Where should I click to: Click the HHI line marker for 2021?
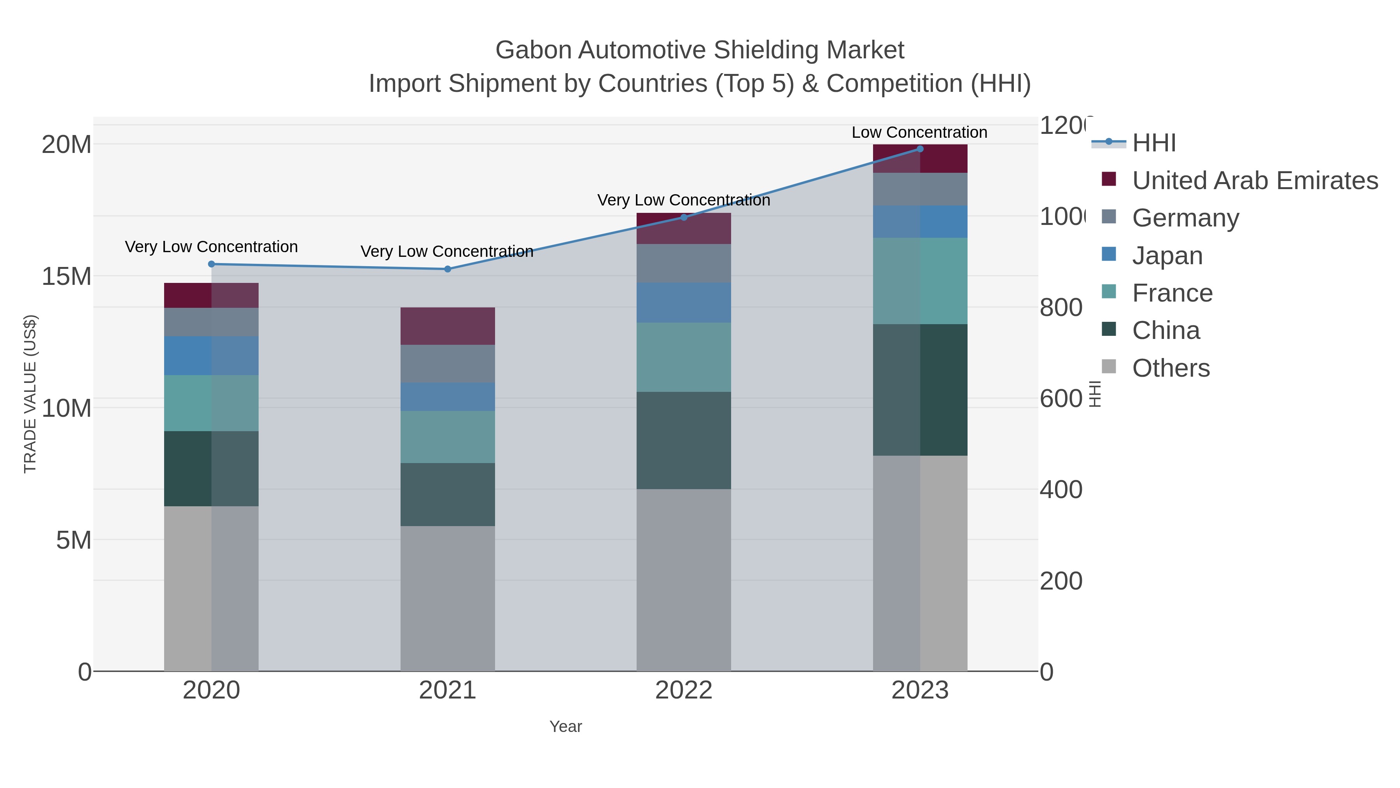447,269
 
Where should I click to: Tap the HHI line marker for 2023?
920,149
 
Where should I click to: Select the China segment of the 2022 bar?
683,440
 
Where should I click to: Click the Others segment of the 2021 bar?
447,598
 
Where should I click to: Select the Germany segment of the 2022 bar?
683,263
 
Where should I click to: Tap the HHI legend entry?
1154,143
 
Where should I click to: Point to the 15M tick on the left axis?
66,276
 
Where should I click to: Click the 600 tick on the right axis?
1061,398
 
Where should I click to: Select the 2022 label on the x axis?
683,690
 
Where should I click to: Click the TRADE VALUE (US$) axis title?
30,394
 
